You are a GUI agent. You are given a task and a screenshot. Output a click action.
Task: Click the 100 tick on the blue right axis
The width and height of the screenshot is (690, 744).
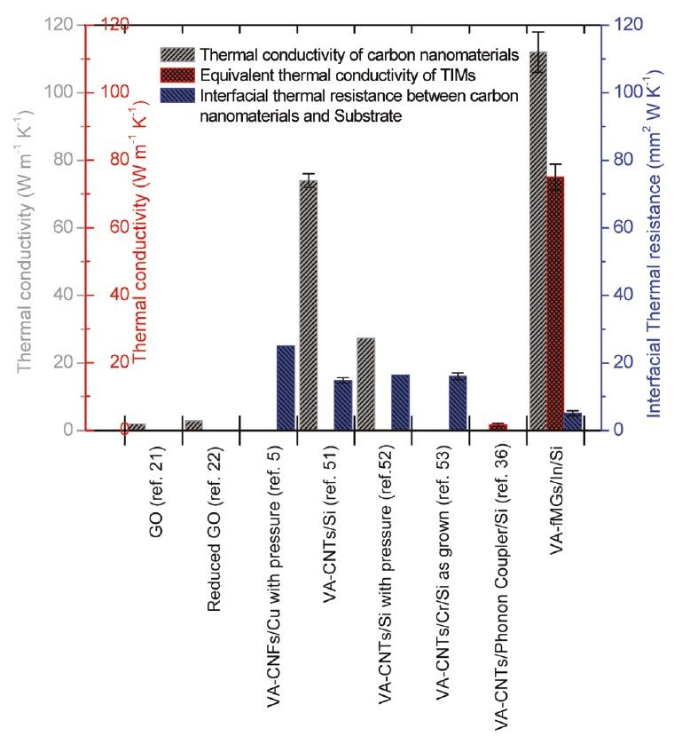pos(622,92)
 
